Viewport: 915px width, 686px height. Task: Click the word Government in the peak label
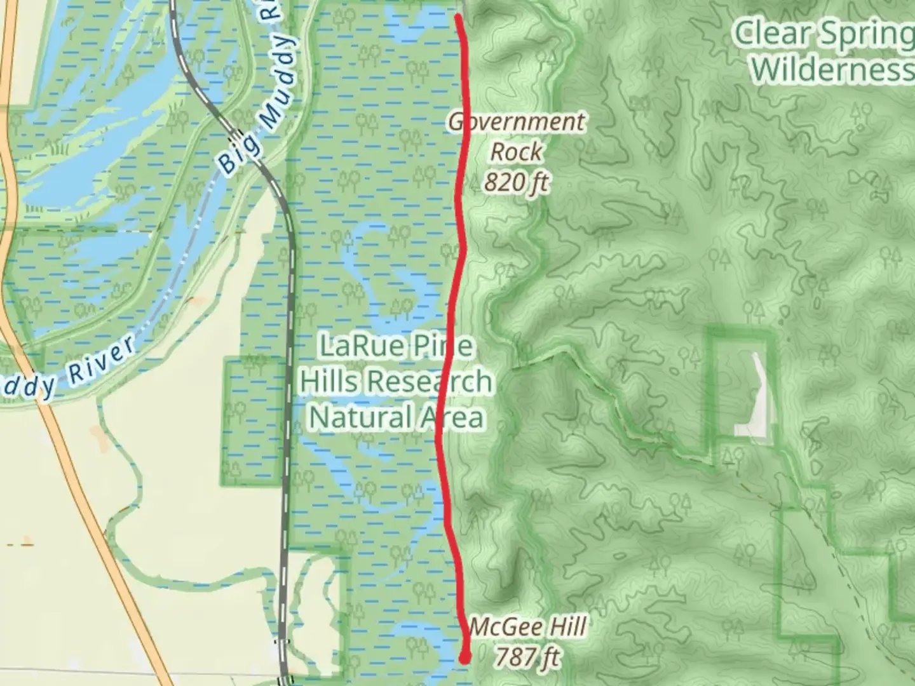(x=517, y=122)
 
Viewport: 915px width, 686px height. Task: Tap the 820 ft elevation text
(x=516, y=183)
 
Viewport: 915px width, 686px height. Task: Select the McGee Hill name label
(x=527, y=628)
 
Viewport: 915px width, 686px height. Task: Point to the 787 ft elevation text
(x=527, y=657)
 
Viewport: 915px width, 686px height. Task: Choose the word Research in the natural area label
(x=431, y=382)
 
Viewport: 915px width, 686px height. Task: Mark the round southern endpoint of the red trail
(x=465, y=657)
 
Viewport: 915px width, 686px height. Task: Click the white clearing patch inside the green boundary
(x=754, y=397)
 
